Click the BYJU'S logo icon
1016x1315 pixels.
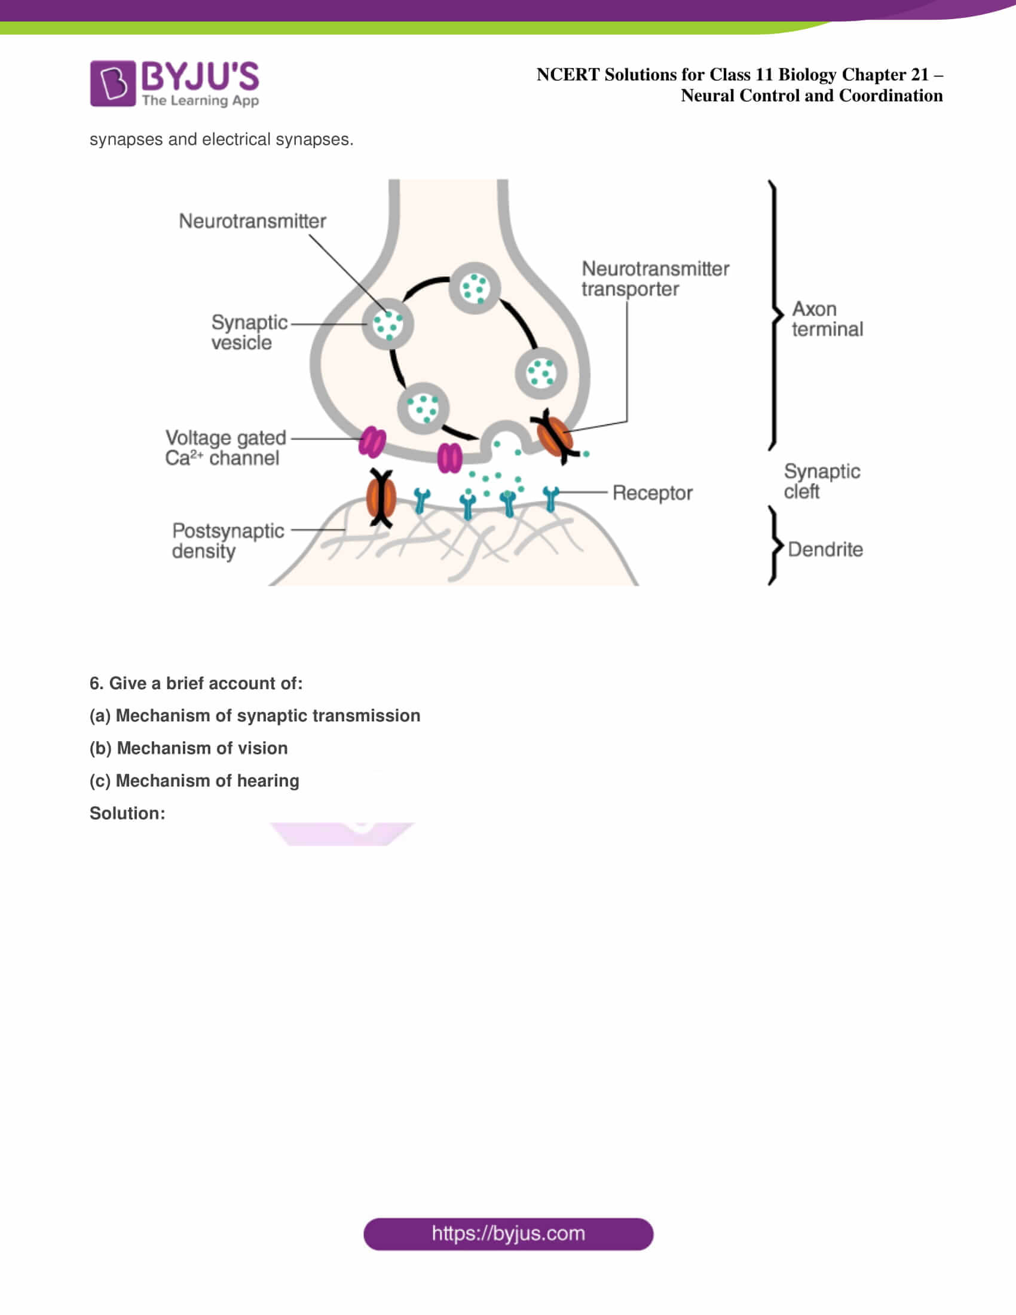pyautogui.click(x=112, y=83)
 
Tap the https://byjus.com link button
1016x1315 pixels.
pyautogui.click(x=508, y=1234)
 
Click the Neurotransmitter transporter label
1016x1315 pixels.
pyautogui.click(x=655, y=279)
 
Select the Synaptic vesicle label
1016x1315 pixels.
pyautogui.click(x=249, y=332)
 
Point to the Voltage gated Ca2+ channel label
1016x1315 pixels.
pyautogui.click(x=225, y=448)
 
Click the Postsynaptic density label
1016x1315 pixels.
pyautogui.click(x=228, y=541)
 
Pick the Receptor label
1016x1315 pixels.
pyautogui.click(x=653, y=493)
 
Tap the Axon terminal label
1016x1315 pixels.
pyautogui.click(x=827, y=319)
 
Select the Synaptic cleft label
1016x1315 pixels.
pyautogui.click(x=822, y=481)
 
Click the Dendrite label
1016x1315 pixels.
pyautogui.click(x=825, y=549)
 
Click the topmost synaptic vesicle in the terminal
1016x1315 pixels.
pyautogui.click(x=475, y=288)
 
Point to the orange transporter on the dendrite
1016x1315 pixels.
pyautogui.click(x=381, y=497)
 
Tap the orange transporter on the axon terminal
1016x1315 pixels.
pyautogui.click(x=555, y=436)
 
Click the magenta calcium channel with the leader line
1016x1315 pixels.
pyautogui.click(x=372, y=442)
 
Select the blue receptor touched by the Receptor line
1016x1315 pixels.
pyautogui.click(x=550, y=498)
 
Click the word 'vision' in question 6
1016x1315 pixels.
pyautogui.click(x=264, y=748)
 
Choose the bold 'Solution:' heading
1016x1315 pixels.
pyautogui.click(x=127, y=814)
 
